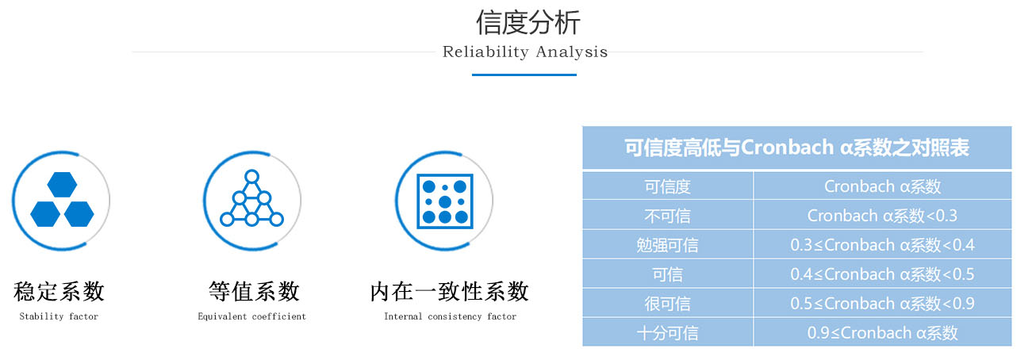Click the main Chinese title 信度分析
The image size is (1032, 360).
(x=528, y=22)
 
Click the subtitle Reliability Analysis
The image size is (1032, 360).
(x=525, y=52)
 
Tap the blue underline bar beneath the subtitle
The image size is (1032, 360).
(x=524, y=75)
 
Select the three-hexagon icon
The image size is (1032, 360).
(x=62, y=199)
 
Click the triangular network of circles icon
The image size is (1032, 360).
(x=251, y=198)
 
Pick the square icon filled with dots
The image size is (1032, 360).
(x=444, y=201)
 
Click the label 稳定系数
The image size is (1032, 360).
(x=59, y=291)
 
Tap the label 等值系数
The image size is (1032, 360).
(x=254, y=291)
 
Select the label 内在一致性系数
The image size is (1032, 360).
(x=449, y=291)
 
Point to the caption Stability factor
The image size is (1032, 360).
(x=59, y=316)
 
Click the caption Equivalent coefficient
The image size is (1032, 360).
(x=251, y=316)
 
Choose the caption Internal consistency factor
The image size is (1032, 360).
(x=450, y=316)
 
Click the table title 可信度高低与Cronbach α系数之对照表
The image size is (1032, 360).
(x=797, y=147)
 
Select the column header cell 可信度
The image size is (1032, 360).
(x=668, y=186)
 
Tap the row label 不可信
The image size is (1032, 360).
(x=668, y=216)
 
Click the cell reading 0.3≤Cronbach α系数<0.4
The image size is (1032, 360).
(x=882, y=245)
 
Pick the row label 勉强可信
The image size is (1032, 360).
(x=668, y=245)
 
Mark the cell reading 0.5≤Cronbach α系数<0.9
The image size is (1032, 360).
(x=882, y=304)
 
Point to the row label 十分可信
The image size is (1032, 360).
(x=668, y=333)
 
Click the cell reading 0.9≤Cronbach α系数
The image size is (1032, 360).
(x=882, y=333)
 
